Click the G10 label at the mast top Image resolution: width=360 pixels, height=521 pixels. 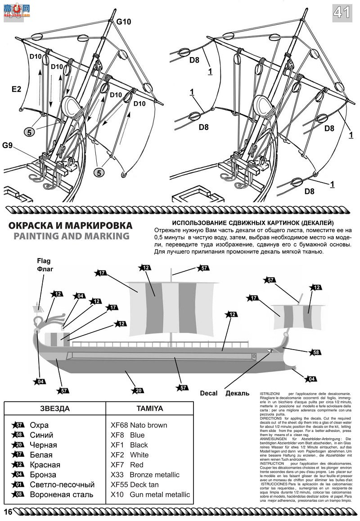(124, 21)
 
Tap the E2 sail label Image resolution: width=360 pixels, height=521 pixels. (17, 90)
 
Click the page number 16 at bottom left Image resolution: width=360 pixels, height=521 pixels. (7, 512)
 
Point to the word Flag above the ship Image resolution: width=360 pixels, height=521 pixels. (44, 260)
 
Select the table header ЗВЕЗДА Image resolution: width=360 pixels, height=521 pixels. (55, 409)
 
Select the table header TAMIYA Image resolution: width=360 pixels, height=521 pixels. (149, 409)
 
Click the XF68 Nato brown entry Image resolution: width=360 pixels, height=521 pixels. (139, 425)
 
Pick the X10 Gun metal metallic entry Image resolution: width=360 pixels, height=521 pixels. (150, 494)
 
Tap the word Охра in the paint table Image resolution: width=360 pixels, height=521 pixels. (39, 425)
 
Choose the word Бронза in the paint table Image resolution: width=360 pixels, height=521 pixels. (43, 475)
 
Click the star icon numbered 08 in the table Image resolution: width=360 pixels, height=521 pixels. (19, 494)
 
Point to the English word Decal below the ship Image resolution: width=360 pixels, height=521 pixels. (209, 393)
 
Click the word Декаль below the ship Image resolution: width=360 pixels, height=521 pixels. (237, 393)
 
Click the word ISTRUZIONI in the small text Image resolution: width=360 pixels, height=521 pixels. (270, 394)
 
